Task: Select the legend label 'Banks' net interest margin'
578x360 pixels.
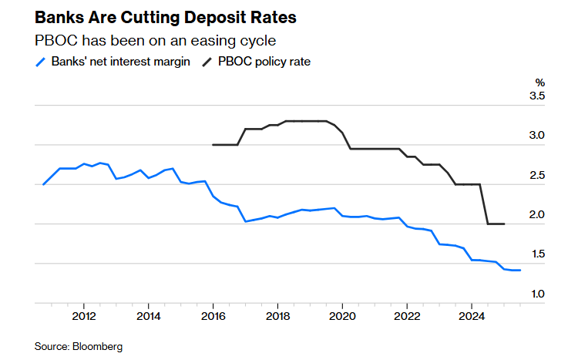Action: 120,62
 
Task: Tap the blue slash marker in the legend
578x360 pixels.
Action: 42,62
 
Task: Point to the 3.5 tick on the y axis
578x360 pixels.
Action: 537,96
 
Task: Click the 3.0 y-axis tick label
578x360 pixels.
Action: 537,136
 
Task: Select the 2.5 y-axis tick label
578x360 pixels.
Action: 537,176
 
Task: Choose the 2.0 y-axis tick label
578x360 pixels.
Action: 537,215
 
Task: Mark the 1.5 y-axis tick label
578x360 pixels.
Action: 537,254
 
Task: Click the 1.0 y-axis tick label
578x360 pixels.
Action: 537,294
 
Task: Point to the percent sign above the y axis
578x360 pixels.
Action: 540,82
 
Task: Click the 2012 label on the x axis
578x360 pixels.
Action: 83,315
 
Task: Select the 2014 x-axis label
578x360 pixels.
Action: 148,315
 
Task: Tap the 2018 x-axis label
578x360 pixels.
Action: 277,315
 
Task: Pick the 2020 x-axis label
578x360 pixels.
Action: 342,315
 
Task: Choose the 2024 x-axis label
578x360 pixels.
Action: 472,315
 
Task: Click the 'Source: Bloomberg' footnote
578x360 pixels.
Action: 79,347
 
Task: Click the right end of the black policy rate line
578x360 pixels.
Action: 504,224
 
